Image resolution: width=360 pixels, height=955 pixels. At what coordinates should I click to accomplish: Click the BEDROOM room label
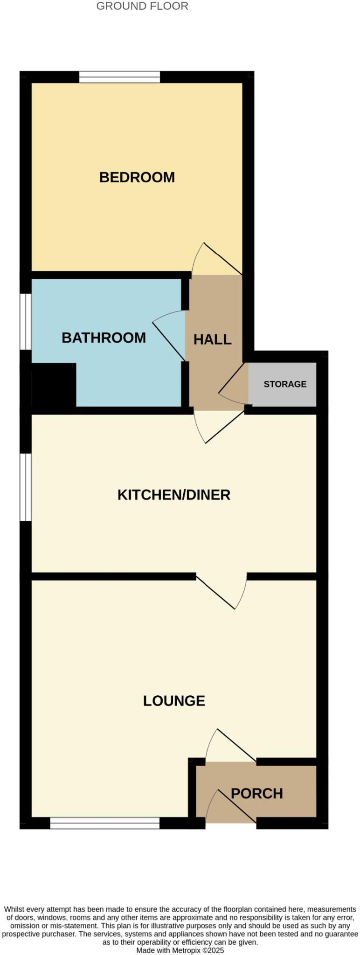coord(137,178)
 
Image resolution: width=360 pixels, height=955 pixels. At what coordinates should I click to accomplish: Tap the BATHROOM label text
coord(104,338)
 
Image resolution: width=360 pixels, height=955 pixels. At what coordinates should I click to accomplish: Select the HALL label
coord(212,339)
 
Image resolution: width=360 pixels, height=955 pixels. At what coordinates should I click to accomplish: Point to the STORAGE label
coord(284,384)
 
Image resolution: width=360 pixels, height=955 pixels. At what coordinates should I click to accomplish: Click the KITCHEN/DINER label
coord(173,495)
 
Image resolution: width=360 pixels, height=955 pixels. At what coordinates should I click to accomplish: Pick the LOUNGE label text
coord(174,701)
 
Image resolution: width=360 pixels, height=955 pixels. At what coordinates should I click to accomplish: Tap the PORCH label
coord(256,793)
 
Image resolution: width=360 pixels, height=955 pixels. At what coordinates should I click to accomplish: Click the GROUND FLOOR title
coord(142,7)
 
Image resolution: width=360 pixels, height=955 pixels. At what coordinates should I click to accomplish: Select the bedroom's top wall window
coord(119,77)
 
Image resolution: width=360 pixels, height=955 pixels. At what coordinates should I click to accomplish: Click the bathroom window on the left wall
coord(25,321)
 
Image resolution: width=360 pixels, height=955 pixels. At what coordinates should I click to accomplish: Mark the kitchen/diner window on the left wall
coord(25,487)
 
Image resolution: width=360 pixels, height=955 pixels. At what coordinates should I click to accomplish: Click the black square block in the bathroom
coord(54,385)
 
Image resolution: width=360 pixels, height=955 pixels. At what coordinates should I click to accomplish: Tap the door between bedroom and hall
coord(217,259)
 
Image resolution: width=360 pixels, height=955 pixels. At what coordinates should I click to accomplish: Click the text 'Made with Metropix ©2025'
coord(180,950)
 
